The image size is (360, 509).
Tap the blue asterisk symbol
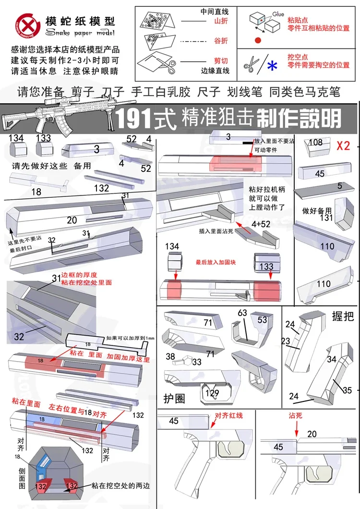coord(272,66)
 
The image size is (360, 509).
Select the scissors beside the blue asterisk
coord(251,64)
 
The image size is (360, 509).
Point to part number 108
coord(315,142)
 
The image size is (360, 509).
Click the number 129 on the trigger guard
coord(212,393)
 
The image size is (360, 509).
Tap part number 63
coord(242,313)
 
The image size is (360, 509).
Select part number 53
coord(262,319)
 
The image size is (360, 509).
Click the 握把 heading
coord(342,316)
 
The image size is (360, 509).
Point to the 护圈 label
coord(174,399)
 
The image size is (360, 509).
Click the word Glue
coord(278,15)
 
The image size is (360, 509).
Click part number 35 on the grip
coord(347,389)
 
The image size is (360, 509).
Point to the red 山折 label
coord(221,21)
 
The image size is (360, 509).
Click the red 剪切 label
coord(221,61)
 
